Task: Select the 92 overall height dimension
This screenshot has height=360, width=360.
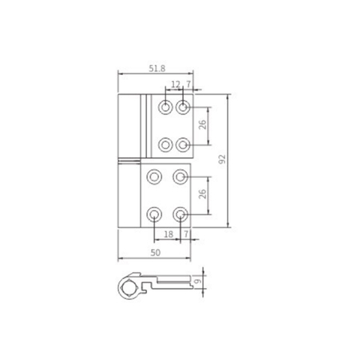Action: point(221,160)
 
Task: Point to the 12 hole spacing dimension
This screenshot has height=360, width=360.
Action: point(175,85)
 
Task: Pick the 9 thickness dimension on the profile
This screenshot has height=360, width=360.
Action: point(197,283)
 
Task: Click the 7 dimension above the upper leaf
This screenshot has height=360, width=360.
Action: point(187,85)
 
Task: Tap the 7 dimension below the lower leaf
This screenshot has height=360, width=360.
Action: point(185,235)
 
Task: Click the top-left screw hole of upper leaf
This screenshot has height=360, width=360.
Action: point(166,108)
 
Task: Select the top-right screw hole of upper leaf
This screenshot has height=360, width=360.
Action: point(182,108)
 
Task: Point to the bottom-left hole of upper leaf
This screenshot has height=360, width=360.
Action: point(166,142)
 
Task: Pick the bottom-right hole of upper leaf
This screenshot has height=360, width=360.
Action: point(182,142)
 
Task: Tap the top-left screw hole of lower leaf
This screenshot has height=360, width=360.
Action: point(154,178)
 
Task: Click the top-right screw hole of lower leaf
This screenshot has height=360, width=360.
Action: point(180,178)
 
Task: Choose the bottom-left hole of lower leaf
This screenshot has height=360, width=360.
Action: point(154,214)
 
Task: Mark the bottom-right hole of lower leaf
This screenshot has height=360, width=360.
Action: point(180,214)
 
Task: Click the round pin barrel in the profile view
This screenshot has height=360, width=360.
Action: point(133,286)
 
